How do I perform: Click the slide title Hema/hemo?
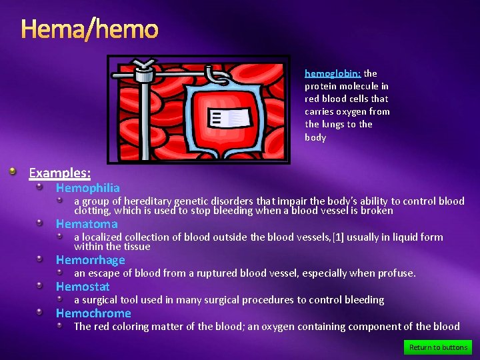point(89,29)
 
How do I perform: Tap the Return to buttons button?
point(438,347)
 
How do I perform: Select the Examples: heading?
point(59,173)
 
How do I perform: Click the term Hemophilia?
point(87,188)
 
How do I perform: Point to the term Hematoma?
point(86,224)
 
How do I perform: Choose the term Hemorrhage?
point(90,260)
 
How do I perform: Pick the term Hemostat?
point(83,287)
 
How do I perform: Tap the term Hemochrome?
point(93,313)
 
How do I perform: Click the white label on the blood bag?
point(230,119)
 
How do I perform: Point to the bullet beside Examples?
point(13,173)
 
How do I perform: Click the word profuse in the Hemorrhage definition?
point(397,273)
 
